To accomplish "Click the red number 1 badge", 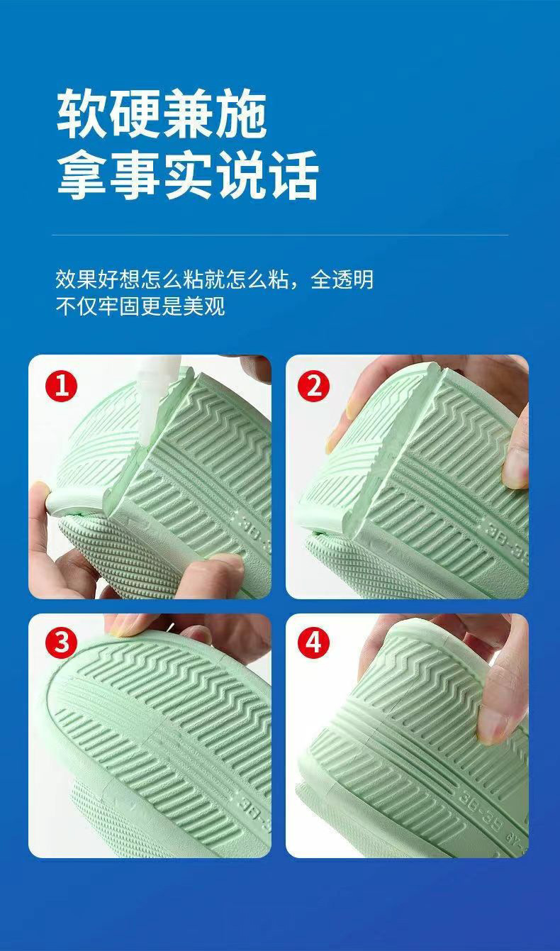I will pyautogui.click(x=61, y=386).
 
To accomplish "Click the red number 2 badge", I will pyautogui.click(x=314, y=386).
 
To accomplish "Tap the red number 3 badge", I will pyautogui.click(x=61, y=643).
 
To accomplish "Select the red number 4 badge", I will pyautogui.click(x=314, y=643).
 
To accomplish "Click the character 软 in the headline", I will pyautogui.click(x=83, y=113).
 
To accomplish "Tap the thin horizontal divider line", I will pyautogui.click(x=280, y=235).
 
